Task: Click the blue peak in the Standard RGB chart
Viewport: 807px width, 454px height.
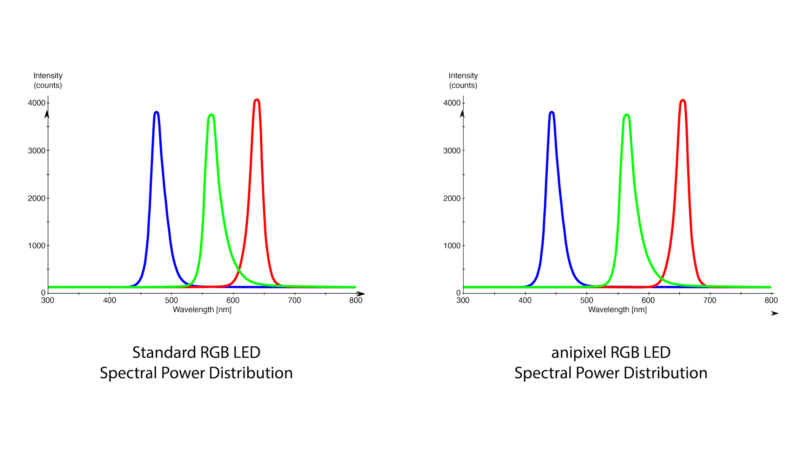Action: (156, 112)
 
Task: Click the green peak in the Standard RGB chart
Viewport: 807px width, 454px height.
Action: (211, 115)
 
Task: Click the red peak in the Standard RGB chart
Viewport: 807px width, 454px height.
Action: (257, 100)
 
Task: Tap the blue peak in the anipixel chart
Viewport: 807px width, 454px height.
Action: (551, 112)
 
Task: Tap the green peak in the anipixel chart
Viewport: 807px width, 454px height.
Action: (627, 115)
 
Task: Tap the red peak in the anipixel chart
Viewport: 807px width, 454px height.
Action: (683, 101)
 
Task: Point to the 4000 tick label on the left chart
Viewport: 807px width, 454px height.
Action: (36, 103)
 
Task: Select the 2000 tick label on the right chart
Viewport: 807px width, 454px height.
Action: (451, 198)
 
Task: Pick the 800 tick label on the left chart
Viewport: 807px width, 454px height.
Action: (356, 300)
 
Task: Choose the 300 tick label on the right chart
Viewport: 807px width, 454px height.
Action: (463, 300)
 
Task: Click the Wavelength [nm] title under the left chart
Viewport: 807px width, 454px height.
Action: (202, 310)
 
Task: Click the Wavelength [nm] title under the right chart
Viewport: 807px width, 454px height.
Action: (617, 310)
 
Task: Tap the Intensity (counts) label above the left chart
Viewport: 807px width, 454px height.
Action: (48, 80)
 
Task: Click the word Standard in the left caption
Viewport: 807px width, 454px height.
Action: (164, 353)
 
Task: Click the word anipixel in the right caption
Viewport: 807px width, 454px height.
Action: (578, 353)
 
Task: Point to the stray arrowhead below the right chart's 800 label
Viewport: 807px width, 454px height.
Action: (774, 313)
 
